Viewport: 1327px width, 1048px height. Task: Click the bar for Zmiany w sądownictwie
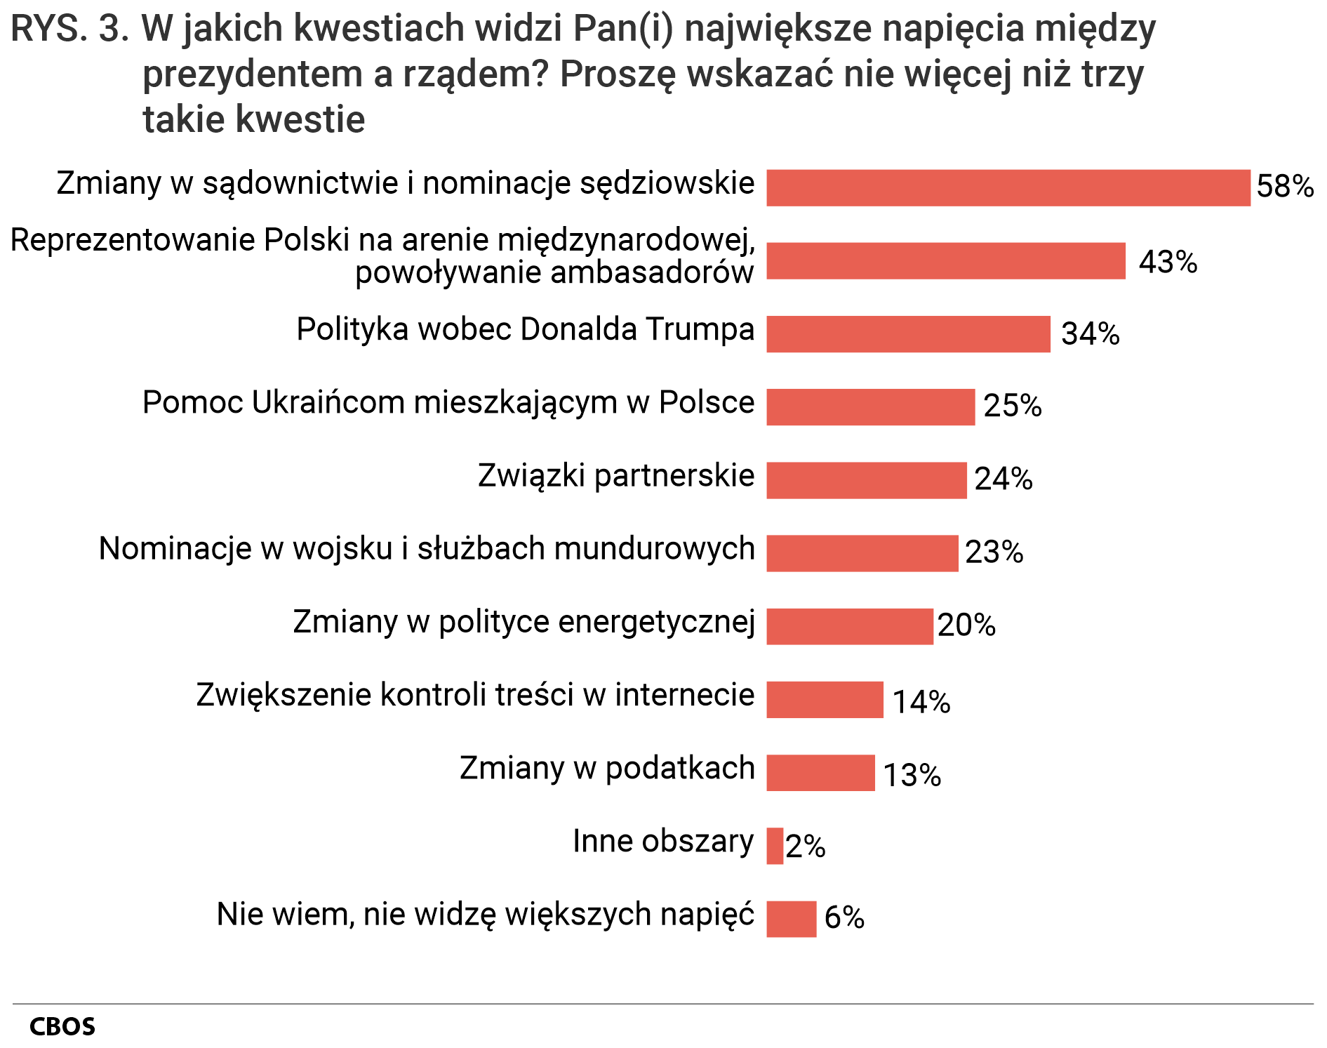click(1008, 187)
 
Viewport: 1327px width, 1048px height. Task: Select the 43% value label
click(1167, 262)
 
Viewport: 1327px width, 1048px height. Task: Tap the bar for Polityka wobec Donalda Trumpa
click(908, 334)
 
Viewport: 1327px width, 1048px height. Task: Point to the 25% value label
click(1012, 406)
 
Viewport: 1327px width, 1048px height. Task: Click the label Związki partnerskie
click(615, 476)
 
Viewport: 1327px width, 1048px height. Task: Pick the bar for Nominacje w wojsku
click(862, 553)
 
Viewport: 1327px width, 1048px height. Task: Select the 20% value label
click(966, 625)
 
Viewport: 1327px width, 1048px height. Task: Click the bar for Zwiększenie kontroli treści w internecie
click(825, 699)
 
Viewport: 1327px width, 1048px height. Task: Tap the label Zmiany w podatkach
click(606, 768)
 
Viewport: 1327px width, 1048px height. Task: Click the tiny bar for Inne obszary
click(775, 846)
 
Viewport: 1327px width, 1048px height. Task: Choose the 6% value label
click(843, 917)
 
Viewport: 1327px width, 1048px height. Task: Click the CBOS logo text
click(62, 1027)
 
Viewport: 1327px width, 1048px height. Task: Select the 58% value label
click(1284, 187)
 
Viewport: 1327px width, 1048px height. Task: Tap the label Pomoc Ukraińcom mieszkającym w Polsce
click(448, 403)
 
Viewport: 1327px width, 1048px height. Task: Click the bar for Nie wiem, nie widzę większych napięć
click(791, 919)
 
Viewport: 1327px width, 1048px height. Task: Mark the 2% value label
click(805, 847)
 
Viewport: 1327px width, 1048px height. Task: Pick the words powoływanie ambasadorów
click(554, 273)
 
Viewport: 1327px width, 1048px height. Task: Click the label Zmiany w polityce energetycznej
click(524, 622)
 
